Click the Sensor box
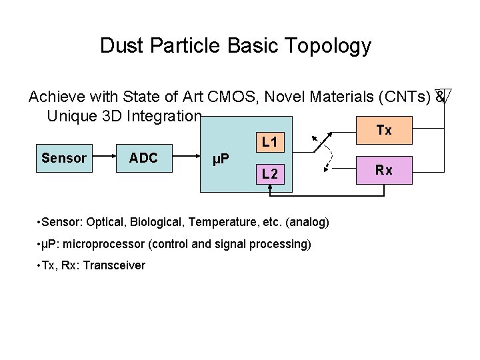(64, 158)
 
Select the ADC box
(143, 158)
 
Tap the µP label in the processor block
(221, 159)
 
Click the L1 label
(270, 141)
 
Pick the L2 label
(270, 174)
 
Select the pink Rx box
(384, 170)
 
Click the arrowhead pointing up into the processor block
(270, 189)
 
